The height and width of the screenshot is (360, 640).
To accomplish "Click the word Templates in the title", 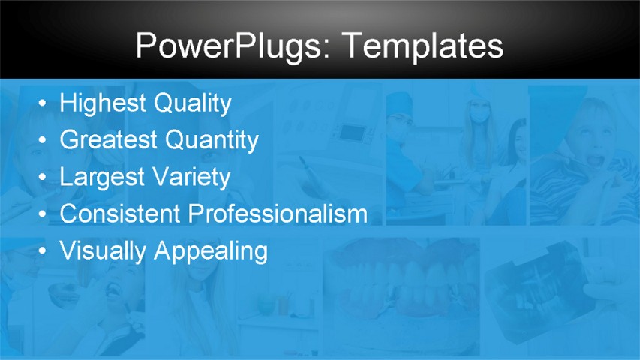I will tap(424, 46).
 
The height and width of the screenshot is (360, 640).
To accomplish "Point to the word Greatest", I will tap(109, 139).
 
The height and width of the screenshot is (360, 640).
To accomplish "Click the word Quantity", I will tap(212, 139).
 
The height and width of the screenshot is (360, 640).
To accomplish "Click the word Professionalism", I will tap(278, 214).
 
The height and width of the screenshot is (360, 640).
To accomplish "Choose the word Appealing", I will tap(211, 250).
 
